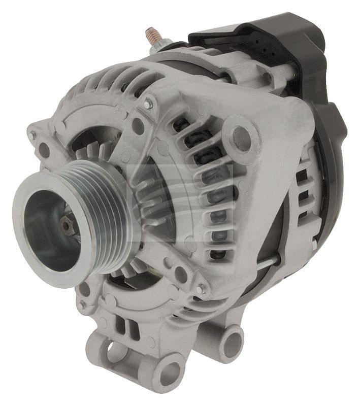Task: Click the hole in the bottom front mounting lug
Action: pos(169,373)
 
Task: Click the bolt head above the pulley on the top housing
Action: pos(148,105)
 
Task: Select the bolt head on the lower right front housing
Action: pos(202,289)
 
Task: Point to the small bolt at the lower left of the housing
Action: pos(82,306)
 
